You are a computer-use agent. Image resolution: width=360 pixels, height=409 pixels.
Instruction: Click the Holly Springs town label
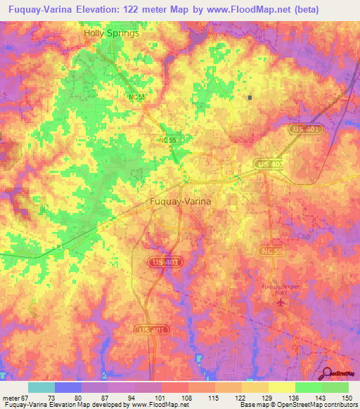click(111, 33)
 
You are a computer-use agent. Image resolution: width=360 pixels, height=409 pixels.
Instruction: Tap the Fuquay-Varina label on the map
click(181, 201)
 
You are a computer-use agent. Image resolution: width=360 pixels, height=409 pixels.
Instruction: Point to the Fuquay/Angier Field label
click(281, 289)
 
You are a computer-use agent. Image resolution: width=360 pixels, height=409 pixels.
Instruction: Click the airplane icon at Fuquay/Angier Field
click(282, 302)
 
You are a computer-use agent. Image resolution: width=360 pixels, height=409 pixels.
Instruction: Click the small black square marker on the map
click(250, 97)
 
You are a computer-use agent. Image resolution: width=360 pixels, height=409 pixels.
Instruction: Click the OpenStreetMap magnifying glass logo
click(328, 375)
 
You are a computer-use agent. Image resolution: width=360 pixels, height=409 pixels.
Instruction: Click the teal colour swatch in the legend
click(41, 387)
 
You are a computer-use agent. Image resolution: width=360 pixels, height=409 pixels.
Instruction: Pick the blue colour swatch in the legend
click(68, 387)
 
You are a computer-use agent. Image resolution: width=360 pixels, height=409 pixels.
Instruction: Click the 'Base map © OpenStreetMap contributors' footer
click(298, 405)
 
